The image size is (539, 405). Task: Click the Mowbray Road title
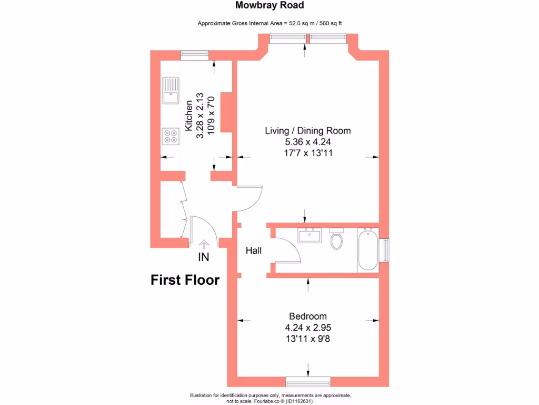tap(269, 6)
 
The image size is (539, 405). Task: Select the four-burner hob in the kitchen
tap(171, 136)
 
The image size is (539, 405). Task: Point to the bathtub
tap(367, 250)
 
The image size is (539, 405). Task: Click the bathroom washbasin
tap(310, 235)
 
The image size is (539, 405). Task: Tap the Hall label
tap(254, 251)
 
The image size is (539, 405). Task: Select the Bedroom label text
tap(308, 316)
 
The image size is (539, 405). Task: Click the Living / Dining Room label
tap(308, 131)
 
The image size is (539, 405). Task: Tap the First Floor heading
tap(185, 280)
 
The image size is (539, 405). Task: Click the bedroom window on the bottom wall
tap(308, 381)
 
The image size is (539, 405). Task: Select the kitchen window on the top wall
tap(194, 54)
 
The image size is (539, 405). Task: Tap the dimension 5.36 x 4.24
tap(308, 142)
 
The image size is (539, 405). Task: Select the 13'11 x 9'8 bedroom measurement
tap(308, 339)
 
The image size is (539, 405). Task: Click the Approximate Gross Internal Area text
tap(269, 23)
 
